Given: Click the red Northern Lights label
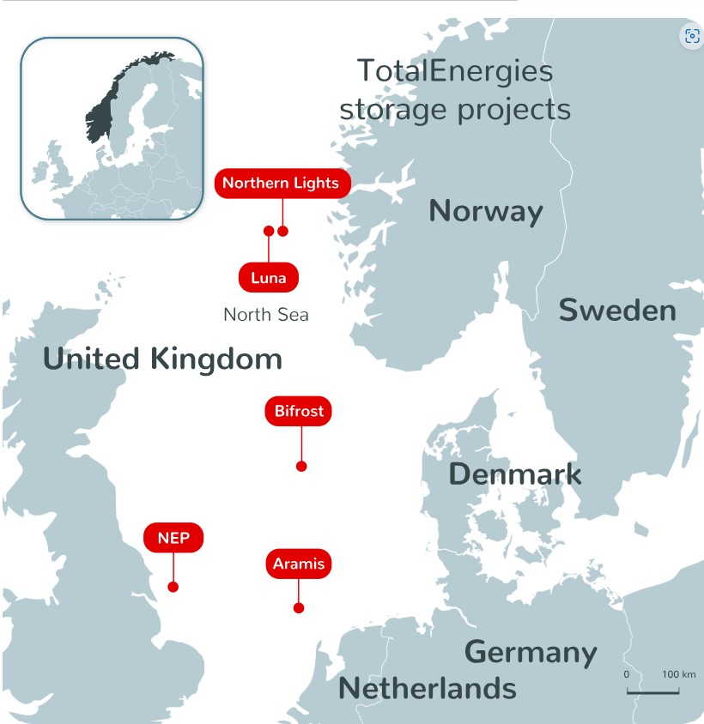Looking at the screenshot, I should pos(282,183).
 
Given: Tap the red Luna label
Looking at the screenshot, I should pos(268,277).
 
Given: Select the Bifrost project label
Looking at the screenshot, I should pos(299,411).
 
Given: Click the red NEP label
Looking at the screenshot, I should pos(173,538).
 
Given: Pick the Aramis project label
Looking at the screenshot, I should pos(298,564).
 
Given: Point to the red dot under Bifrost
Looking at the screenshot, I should pos(301,466).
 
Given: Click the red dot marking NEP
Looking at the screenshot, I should pos(173,587).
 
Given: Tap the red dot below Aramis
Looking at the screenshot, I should pos(299,608).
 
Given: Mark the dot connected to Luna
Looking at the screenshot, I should pos(269,231).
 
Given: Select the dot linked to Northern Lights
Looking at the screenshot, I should pos(283,231).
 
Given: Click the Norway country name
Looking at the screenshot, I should pos(485,211).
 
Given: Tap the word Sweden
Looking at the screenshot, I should pos(617,311).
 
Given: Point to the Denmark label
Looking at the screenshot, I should pos(514,474).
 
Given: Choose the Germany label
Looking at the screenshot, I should pos(531,652).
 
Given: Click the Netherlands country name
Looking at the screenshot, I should pos(427,688).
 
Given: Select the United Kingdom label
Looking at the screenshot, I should pos(162,359).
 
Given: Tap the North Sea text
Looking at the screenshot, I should pos(265,315).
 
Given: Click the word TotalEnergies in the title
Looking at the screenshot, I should pos(454,70).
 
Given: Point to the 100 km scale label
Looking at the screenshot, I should pos(678,674).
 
